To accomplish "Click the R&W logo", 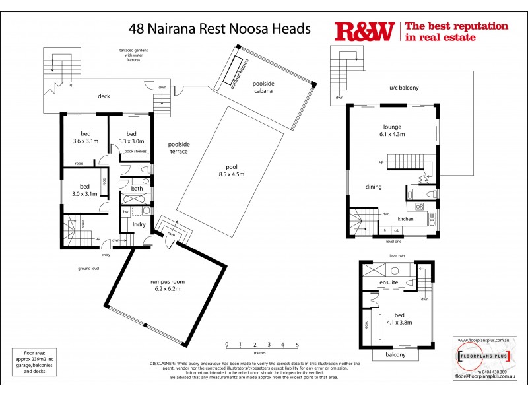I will click(365, 32).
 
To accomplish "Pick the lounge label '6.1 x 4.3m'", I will click(392, 134).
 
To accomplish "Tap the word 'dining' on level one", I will click(374, 187).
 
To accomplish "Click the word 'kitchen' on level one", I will click(405, 218).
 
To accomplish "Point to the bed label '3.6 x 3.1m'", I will click(86, 141).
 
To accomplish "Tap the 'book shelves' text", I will click(135, 152).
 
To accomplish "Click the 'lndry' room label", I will click(139, 225).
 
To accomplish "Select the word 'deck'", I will click(103, 96).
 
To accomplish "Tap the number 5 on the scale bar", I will click(297, 344).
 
